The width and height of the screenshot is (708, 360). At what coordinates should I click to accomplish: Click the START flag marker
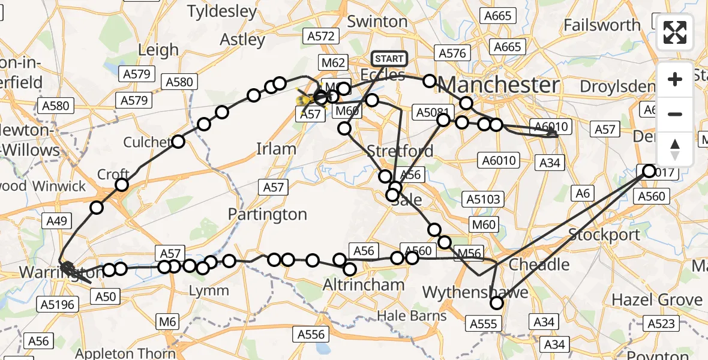pyautogui.click(x=389, y=59)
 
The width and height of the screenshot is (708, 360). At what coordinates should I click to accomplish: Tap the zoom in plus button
pyautogui.click(x=675, y=79)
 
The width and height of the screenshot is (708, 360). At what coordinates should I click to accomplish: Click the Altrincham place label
pyautogui.click(x=364, y=284)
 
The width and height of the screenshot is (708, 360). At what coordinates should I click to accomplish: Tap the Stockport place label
pyautogui.click(x=605, y=234)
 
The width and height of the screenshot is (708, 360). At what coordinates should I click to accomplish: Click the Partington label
pyautogui.click(x=268, y=214)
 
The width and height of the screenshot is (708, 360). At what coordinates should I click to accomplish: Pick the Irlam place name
pyautogui.click(x=276, y=149)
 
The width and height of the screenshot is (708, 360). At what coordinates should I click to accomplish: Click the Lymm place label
pyautogui.click(x=208, y=291)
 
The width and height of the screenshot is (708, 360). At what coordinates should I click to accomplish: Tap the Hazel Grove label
pyautogui.click(x=656, y=299)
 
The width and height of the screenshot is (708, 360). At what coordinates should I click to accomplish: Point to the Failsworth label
pyautogui.click(x=602, y=25)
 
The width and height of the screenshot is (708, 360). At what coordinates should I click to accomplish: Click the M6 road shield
pyautogui.click(x=169, y=322)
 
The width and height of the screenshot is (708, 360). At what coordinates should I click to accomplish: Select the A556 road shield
pyautogui.click(x=310, y=334)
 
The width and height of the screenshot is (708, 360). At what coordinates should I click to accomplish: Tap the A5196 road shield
pyautogui.click(x=59, y=305)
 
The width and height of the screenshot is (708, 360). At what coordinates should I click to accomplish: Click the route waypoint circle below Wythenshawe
pyautogui.click(x=496, y=303)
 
